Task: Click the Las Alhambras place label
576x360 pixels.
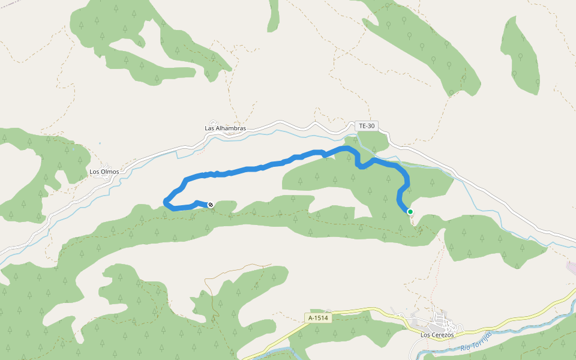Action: point(225,128)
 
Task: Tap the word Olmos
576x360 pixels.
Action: point(110,172)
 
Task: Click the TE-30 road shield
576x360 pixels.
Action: point(366,126)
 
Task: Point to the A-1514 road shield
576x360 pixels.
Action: point(317,318)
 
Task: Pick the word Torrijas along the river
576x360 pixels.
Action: point(482,341)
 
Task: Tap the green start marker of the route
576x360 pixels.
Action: point(410,211)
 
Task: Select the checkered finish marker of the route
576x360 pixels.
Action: point(211,205)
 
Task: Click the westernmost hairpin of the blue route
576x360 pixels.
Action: point(166,203)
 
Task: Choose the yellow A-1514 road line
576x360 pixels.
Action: point(360,311)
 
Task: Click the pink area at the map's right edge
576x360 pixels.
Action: point(571,267)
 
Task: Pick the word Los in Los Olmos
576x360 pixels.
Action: point(94,172)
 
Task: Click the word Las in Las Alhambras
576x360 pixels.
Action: point(210,128)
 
